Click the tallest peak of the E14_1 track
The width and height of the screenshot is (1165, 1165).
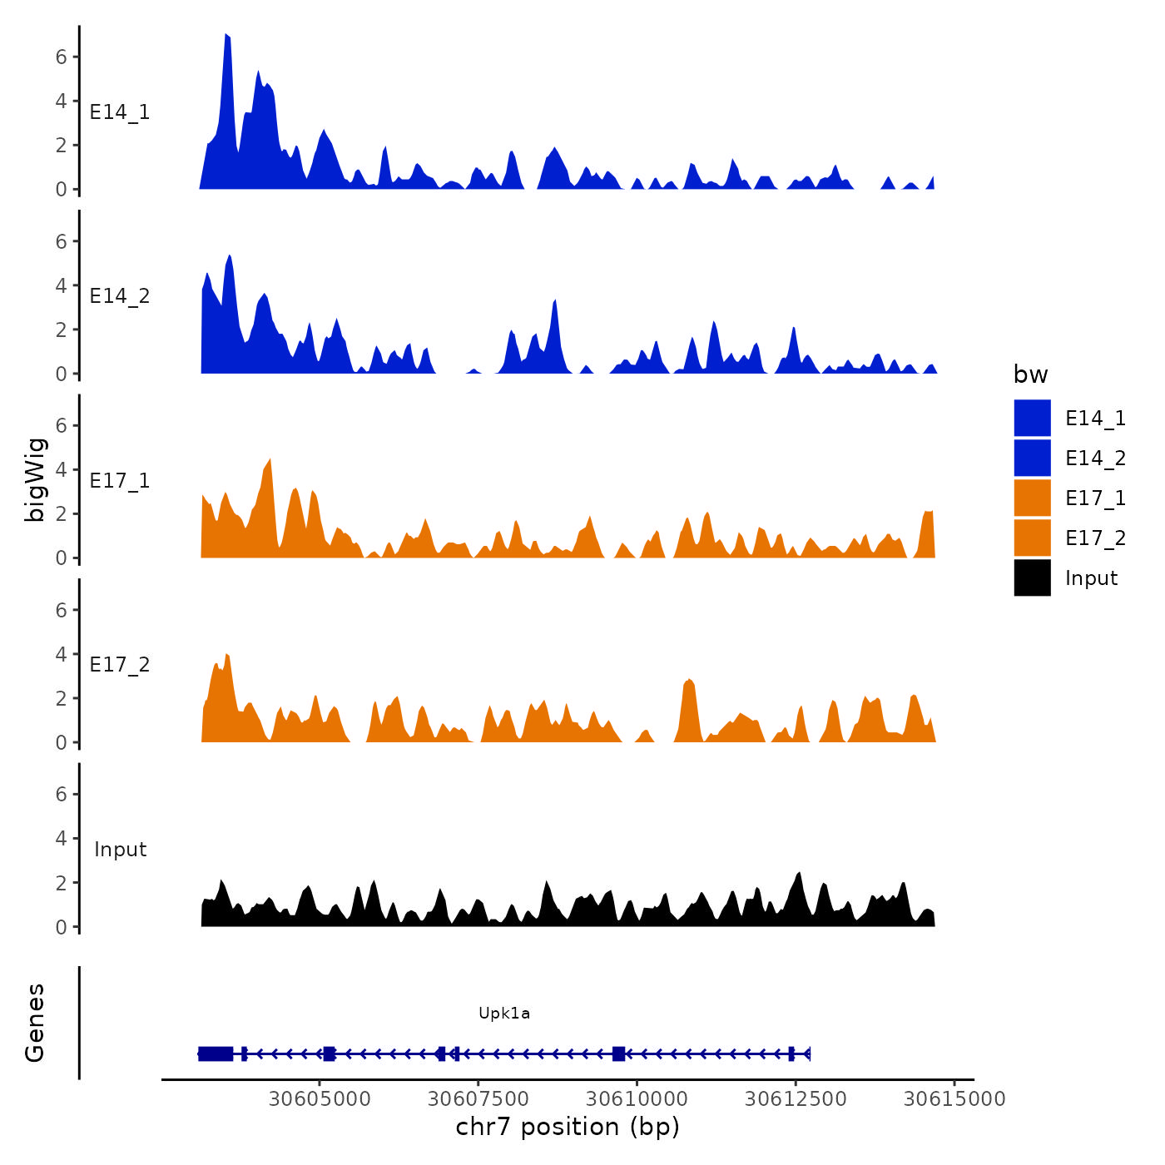click(226, 37)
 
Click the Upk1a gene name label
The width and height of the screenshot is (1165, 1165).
click(504, 1013)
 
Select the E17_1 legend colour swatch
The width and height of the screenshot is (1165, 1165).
click(1032, 498)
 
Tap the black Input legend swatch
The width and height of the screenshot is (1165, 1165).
click(1032, 578)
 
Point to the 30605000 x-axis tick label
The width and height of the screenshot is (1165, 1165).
click(320, 1098)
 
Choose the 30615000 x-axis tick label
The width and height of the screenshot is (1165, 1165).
click(954, 1098)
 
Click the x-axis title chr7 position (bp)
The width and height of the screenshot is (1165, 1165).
click(568, 1127)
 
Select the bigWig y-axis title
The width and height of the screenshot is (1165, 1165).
click(35, 479)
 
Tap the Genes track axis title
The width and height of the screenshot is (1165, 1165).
click(35, 1023)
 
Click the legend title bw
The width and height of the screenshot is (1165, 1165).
click(1030, 374)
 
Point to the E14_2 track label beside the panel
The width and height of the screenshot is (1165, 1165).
click(120, 296)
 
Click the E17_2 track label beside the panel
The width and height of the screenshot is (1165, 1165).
click(120, 664)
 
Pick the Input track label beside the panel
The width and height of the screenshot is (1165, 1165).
click(120, 849)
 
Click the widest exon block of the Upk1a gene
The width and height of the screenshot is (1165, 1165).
click(216, 1053)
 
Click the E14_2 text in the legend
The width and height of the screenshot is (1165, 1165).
click(1095, 458)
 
